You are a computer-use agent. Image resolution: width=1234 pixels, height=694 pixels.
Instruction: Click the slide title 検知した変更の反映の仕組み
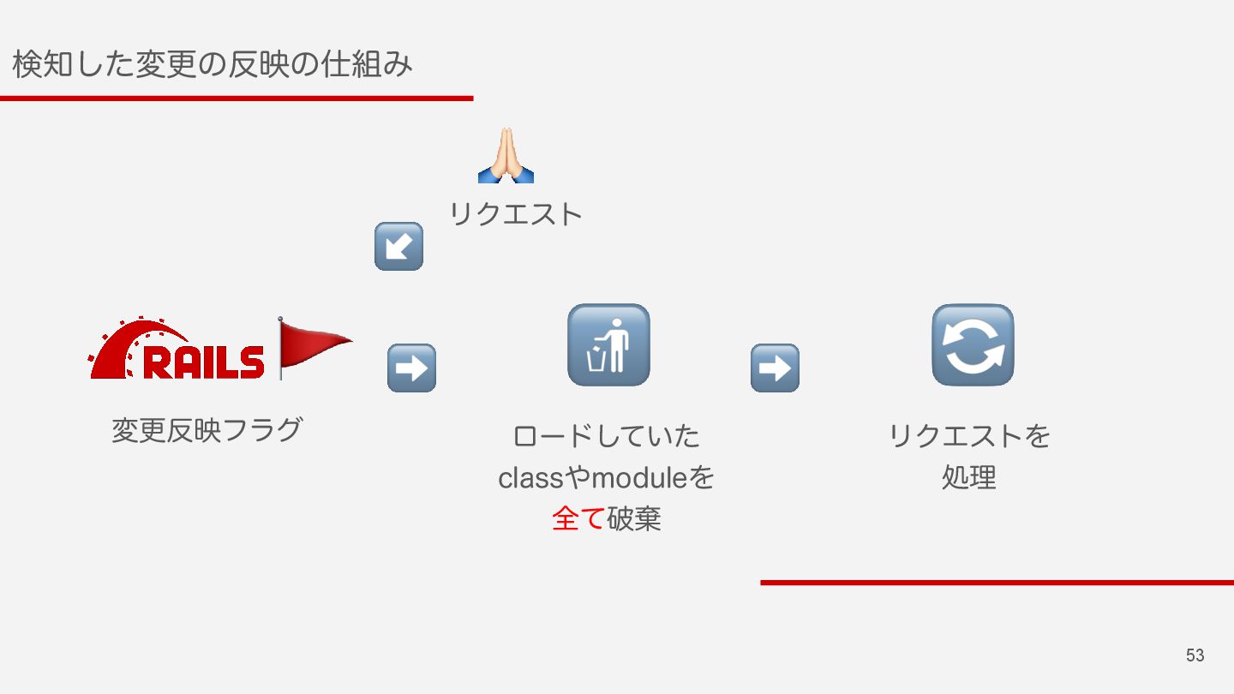(x=213, y=64)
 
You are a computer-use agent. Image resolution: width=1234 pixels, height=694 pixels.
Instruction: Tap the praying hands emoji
(x=506, y=156)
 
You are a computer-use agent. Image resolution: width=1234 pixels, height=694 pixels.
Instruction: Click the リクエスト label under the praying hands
(x=515, y=214)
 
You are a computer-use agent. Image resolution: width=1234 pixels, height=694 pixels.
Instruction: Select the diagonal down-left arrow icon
(x=398, y=247)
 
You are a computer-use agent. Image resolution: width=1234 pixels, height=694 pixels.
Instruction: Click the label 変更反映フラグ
(x=207, y=429)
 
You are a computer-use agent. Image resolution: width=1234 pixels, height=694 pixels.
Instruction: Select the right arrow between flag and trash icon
(x=411, y=368)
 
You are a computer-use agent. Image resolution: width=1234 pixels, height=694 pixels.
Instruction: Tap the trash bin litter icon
(x=608, y=344)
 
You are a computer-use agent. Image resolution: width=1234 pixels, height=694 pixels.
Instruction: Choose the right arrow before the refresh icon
(x=775, y=368)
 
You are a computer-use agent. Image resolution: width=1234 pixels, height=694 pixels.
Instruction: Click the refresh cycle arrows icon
(x=973, y=344)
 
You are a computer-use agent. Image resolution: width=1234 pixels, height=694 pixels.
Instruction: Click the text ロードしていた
(x=606, y=436)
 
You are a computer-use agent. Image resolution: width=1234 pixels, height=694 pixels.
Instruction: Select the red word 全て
(x=578, y=519)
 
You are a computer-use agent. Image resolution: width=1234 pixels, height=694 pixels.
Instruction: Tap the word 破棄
(x=634, y=519)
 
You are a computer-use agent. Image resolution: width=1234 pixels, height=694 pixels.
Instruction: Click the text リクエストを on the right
(x=969, y=436)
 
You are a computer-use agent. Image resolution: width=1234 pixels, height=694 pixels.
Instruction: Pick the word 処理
(x=969, y=477)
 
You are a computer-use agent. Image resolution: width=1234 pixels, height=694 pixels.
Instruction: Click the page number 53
(x=1195, y=655)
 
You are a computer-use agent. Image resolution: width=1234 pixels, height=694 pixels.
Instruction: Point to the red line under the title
(x=237, y=99)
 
